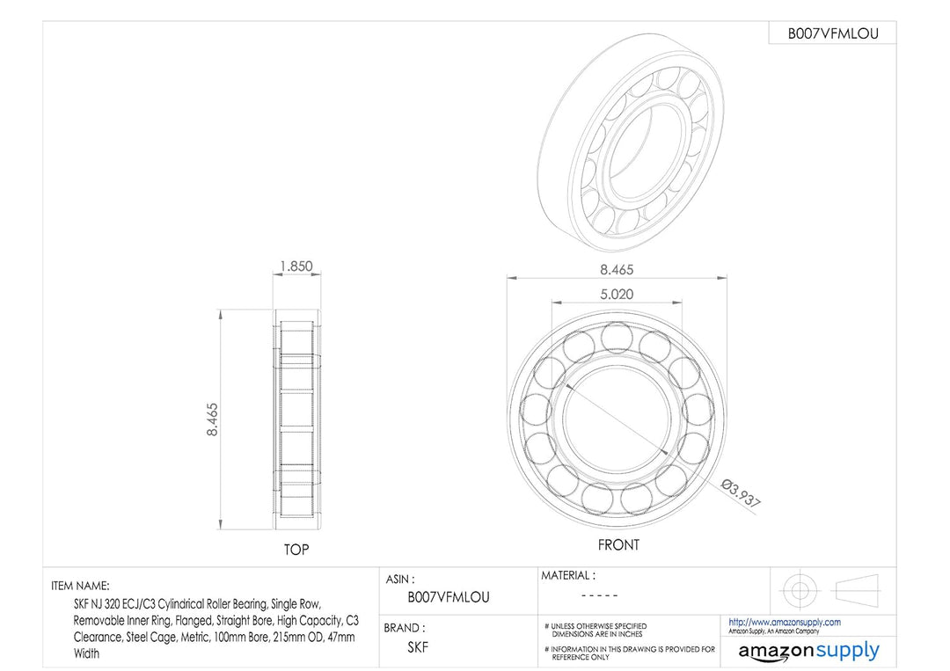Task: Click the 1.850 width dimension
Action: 296,266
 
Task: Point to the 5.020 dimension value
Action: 616,295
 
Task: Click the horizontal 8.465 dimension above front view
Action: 616,270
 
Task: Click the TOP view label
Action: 296,551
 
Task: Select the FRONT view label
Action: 618,545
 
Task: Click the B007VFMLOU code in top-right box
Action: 831,33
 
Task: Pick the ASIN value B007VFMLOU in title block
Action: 449,597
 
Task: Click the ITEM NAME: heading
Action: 81,586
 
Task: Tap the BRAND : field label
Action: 405,628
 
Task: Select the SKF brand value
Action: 418,647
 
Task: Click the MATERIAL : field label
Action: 567,576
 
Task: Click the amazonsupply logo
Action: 808,651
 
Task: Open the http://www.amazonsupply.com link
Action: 785,622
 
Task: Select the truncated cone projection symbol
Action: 857,588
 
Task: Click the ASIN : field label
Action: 400,580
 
